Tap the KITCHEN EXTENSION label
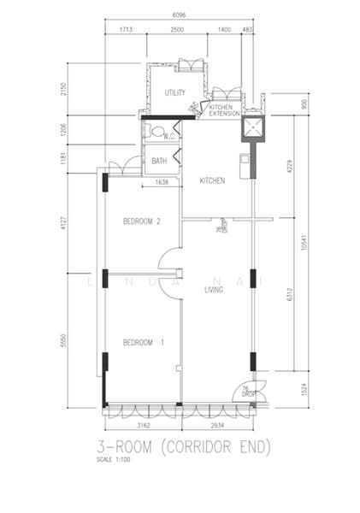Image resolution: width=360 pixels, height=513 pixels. [x=221, y=109]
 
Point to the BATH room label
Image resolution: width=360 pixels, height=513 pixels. [x=159, y=161]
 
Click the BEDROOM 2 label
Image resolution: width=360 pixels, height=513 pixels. [x=142, y=221]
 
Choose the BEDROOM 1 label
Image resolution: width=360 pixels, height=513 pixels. [x=142, y=343]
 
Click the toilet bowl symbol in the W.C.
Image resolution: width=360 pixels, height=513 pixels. [x=152, y=131]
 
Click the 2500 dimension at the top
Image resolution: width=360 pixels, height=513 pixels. [x=176, y=30]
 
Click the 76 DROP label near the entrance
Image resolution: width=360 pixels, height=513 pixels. [x=246, y=392]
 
